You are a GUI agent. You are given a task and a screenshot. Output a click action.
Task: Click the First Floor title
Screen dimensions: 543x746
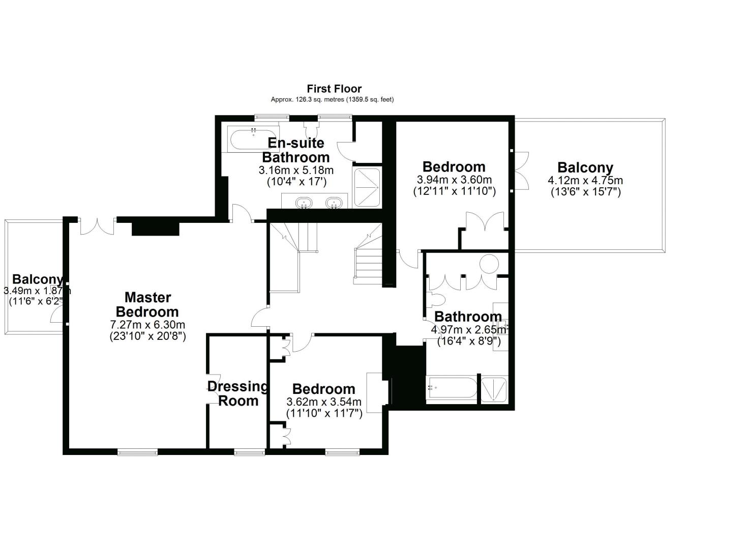click(x=334, y=89)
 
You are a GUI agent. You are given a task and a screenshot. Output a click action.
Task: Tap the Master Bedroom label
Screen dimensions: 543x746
click(x=147, y=304)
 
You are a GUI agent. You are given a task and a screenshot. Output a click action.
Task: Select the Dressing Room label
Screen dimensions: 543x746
click(x=238, y=393)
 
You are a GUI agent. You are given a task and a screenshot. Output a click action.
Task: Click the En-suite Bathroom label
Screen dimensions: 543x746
click(x=296, y=150)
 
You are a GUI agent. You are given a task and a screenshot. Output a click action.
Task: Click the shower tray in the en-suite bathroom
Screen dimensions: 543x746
click(x=367, y=187)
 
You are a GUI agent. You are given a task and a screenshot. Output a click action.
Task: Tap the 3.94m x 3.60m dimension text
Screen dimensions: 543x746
click(x=454, y=180)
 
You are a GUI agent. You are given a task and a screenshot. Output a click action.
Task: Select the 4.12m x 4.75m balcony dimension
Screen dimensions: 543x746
click(x=585, y=180)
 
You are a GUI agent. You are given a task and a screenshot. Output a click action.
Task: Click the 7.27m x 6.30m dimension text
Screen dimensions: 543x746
click(x=147, y=325)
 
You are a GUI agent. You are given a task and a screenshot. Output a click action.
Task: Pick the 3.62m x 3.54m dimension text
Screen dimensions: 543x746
click(x=324, y=402)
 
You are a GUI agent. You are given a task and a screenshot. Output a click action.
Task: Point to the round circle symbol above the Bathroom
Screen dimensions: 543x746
click(x=489, y=264)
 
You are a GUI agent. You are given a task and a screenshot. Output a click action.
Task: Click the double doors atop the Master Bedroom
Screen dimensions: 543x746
click(x=97, y=226)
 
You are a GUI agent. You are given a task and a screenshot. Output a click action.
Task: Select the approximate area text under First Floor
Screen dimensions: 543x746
click(x=332, y=100)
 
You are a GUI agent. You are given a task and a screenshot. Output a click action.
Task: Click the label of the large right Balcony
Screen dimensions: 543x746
click(x=585, y=167)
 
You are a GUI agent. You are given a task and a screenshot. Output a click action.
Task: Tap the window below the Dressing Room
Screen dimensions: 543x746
click(x=249, y=451)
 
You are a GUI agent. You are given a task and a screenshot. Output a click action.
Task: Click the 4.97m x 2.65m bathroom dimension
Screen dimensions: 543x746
click(x=469, y=330)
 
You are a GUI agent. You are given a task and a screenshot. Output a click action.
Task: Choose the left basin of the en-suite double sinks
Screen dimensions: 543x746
click(x=304, y=202)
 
